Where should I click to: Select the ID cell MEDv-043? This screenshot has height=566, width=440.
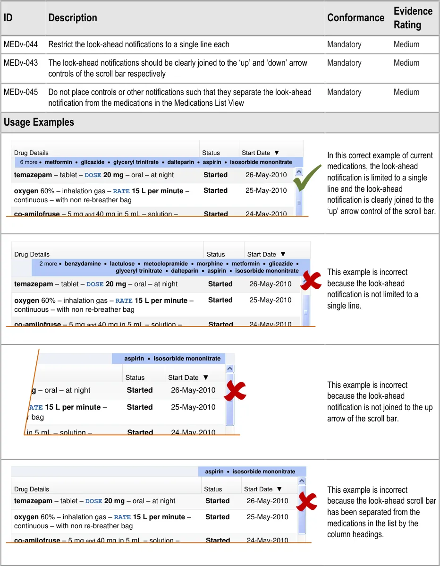click(x=21, y=63)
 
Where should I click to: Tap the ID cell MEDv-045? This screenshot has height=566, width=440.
click(x=21, y=92)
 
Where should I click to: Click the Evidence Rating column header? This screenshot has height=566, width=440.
click(x=413, y=17)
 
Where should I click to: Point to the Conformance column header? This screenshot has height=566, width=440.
click(x=355, y=17)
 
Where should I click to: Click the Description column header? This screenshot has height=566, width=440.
click(x=72, y=17)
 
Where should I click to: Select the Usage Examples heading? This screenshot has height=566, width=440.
click(x=39, y=122)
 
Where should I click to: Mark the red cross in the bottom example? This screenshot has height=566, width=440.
click(x=306, y=502)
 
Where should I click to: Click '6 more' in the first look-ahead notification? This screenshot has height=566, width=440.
click(x=29, y=162)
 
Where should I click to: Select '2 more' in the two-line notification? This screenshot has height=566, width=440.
click(x=48, y=264)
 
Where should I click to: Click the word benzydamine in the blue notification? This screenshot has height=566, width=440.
click(x=83, y=264)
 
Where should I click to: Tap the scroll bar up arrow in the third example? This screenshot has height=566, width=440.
click(x=230, y=369)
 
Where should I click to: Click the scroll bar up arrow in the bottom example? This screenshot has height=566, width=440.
click(x=301, y=481)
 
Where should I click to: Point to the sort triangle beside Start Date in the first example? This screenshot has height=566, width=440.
click(x=277, y=153)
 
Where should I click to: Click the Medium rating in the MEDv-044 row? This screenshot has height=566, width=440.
click(x=406, y=44)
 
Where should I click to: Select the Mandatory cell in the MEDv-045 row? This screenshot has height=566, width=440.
click(x=344, y=92)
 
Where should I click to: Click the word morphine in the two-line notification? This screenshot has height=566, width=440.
click(x=210, y=264)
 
